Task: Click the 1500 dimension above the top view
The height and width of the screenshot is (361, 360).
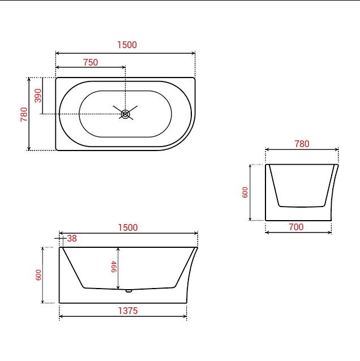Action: (127, 45)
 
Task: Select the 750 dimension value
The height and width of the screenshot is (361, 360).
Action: (91, 63)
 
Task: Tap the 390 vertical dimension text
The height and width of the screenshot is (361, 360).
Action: (38, 95)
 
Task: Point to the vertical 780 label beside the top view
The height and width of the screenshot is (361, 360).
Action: (24, 114)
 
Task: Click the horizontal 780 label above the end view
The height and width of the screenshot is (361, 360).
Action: (302, 144)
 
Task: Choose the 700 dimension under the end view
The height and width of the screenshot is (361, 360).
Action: (296, 227)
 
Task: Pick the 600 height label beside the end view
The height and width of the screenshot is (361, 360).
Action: (245, 192)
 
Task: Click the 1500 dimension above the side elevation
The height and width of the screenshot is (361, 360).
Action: (127, 228)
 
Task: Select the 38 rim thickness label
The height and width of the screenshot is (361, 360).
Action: (72, 239)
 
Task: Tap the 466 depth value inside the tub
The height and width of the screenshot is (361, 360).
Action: (113, 267)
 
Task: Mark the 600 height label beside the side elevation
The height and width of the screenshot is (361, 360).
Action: (38, 275)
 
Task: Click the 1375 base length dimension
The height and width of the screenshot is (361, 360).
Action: (127, 311)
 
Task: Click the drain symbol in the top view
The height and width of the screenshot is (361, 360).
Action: (125, 114)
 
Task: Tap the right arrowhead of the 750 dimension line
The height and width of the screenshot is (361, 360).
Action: (123, 68)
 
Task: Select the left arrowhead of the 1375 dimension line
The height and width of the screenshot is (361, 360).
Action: (61, 316)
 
